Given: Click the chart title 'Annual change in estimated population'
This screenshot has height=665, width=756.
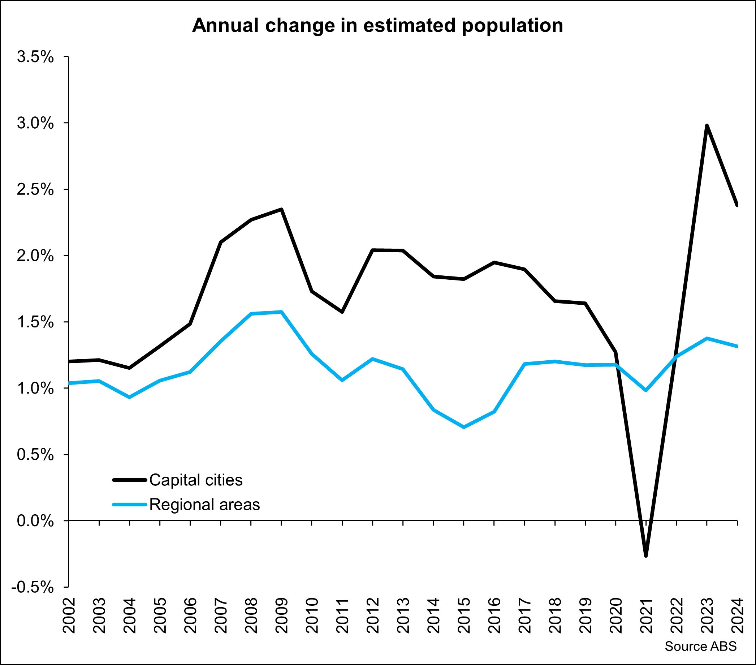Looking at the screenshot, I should (x=377, y=26).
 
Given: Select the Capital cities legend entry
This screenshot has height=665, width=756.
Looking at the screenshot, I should (x=196, y=480).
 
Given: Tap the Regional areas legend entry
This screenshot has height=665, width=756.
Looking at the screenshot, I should (x=204, y=505).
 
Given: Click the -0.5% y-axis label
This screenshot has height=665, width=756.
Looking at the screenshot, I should (x=33, y=587).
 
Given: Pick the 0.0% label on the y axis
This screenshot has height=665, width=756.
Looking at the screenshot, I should (x=35, y=521).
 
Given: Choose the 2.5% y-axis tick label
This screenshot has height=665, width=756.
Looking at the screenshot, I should (x=35, y=189).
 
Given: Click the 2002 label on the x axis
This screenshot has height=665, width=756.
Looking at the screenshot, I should (x=69, y=615).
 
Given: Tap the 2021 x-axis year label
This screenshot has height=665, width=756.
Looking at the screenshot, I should (x=646, y=615).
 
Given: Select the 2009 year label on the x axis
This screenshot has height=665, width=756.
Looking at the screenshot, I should (x=281, y=615).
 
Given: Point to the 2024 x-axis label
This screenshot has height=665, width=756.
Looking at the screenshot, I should (x=737, y=615).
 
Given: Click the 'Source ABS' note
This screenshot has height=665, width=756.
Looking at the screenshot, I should (x=700, y=646).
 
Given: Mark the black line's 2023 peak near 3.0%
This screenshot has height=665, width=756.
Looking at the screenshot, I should (x=707, y=126).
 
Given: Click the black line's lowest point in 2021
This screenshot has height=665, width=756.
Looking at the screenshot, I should (x=646, y=555).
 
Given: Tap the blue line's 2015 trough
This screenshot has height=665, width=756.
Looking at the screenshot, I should (x=464, y=427).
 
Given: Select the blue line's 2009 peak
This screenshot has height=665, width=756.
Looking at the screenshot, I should (x=281, y=312).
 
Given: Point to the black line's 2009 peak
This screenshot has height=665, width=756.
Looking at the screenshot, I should (x=281, y=210).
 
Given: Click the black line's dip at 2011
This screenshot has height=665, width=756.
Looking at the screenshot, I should (x=342, y=312).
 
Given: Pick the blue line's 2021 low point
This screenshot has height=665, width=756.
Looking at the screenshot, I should (x=646, y=390).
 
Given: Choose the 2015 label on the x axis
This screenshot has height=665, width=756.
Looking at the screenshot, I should (x=464, y=615).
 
